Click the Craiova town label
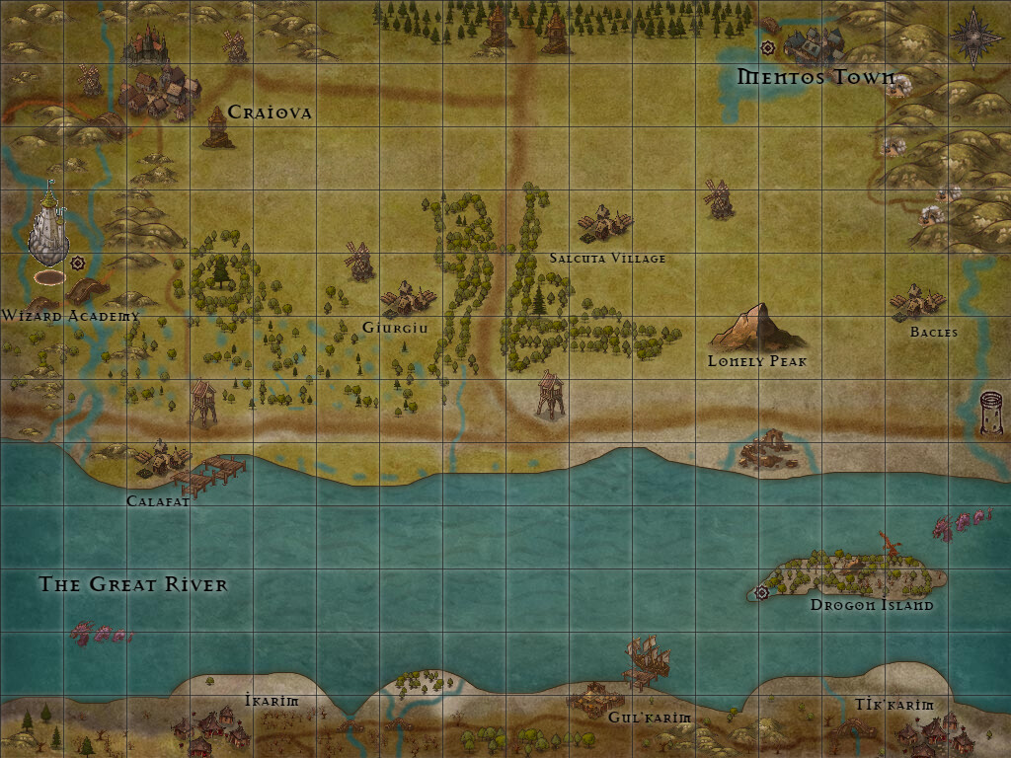tap(270, 113)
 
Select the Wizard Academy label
tap(70, 316)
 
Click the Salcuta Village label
tap(607, 259)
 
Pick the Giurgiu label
tap(395, 328)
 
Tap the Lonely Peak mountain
tap(755, 328)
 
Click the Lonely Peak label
tap(757, 361)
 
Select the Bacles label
tap(933, 333)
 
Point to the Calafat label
tap(157, 501)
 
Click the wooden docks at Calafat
tap(209, 475)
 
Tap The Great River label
tap(133, 584)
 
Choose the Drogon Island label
tap(871, 605)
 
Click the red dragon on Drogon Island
tap(891, 544)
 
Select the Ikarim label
tap(272, 701)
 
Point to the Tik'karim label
tap(894, 705)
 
